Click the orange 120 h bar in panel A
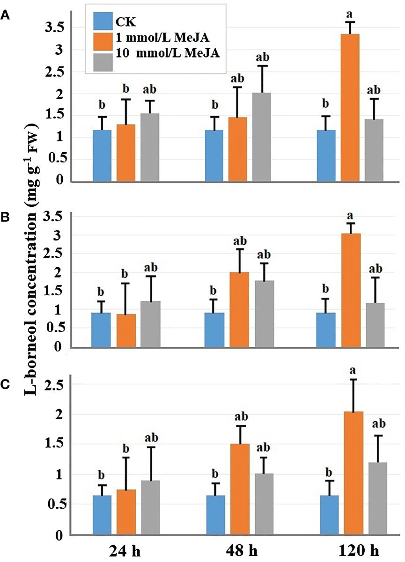pos(350,108)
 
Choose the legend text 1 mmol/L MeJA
pos(158,38)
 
